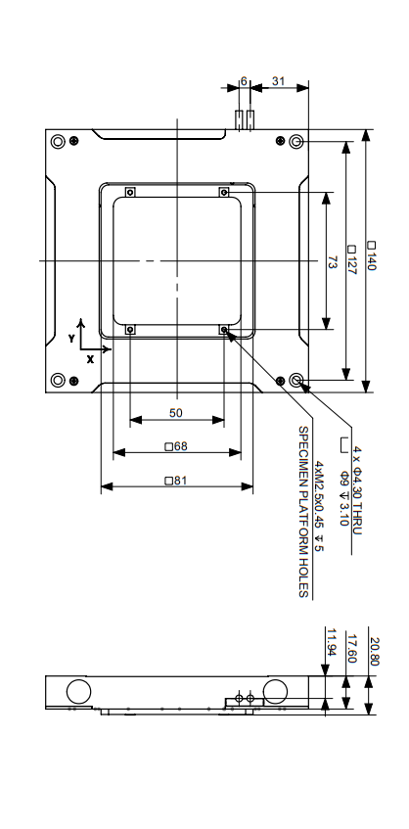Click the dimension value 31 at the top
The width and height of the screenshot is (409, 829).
coord(278,82)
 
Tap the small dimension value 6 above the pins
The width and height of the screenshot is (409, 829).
coord(243,82)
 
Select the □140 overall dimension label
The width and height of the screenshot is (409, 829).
coord(372,257)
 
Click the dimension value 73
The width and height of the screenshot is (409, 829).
coord(332,261)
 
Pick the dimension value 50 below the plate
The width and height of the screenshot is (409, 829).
coord(176,413)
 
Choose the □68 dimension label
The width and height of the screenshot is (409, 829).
coord(176,446)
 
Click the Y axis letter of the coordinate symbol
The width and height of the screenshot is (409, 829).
coord(70,337)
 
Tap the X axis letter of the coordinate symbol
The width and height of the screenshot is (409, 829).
coord(90,359)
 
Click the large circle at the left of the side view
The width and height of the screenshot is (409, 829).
coord(77,690)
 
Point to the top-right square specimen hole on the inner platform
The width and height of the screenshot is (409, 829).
coord(224,191)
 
